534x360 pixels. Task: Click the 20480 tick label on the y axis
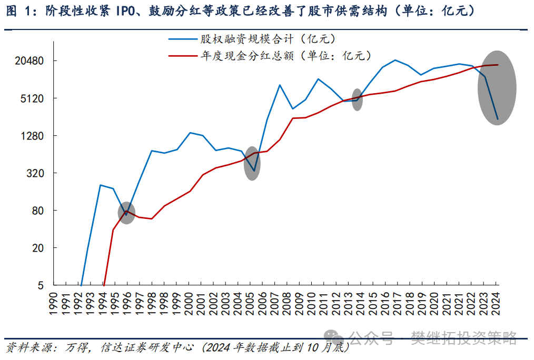pos(27,61)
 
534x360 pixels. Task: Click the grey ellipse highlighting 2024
pos(497,87)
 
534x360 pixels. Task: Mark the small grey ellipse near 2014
pos(357,99)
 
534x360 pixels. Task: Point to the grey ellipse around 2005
pos(253,163)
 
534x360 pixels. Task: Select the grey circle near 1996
pos(126,213)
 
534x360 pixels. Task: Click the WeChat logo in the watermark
pos(332,337)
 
